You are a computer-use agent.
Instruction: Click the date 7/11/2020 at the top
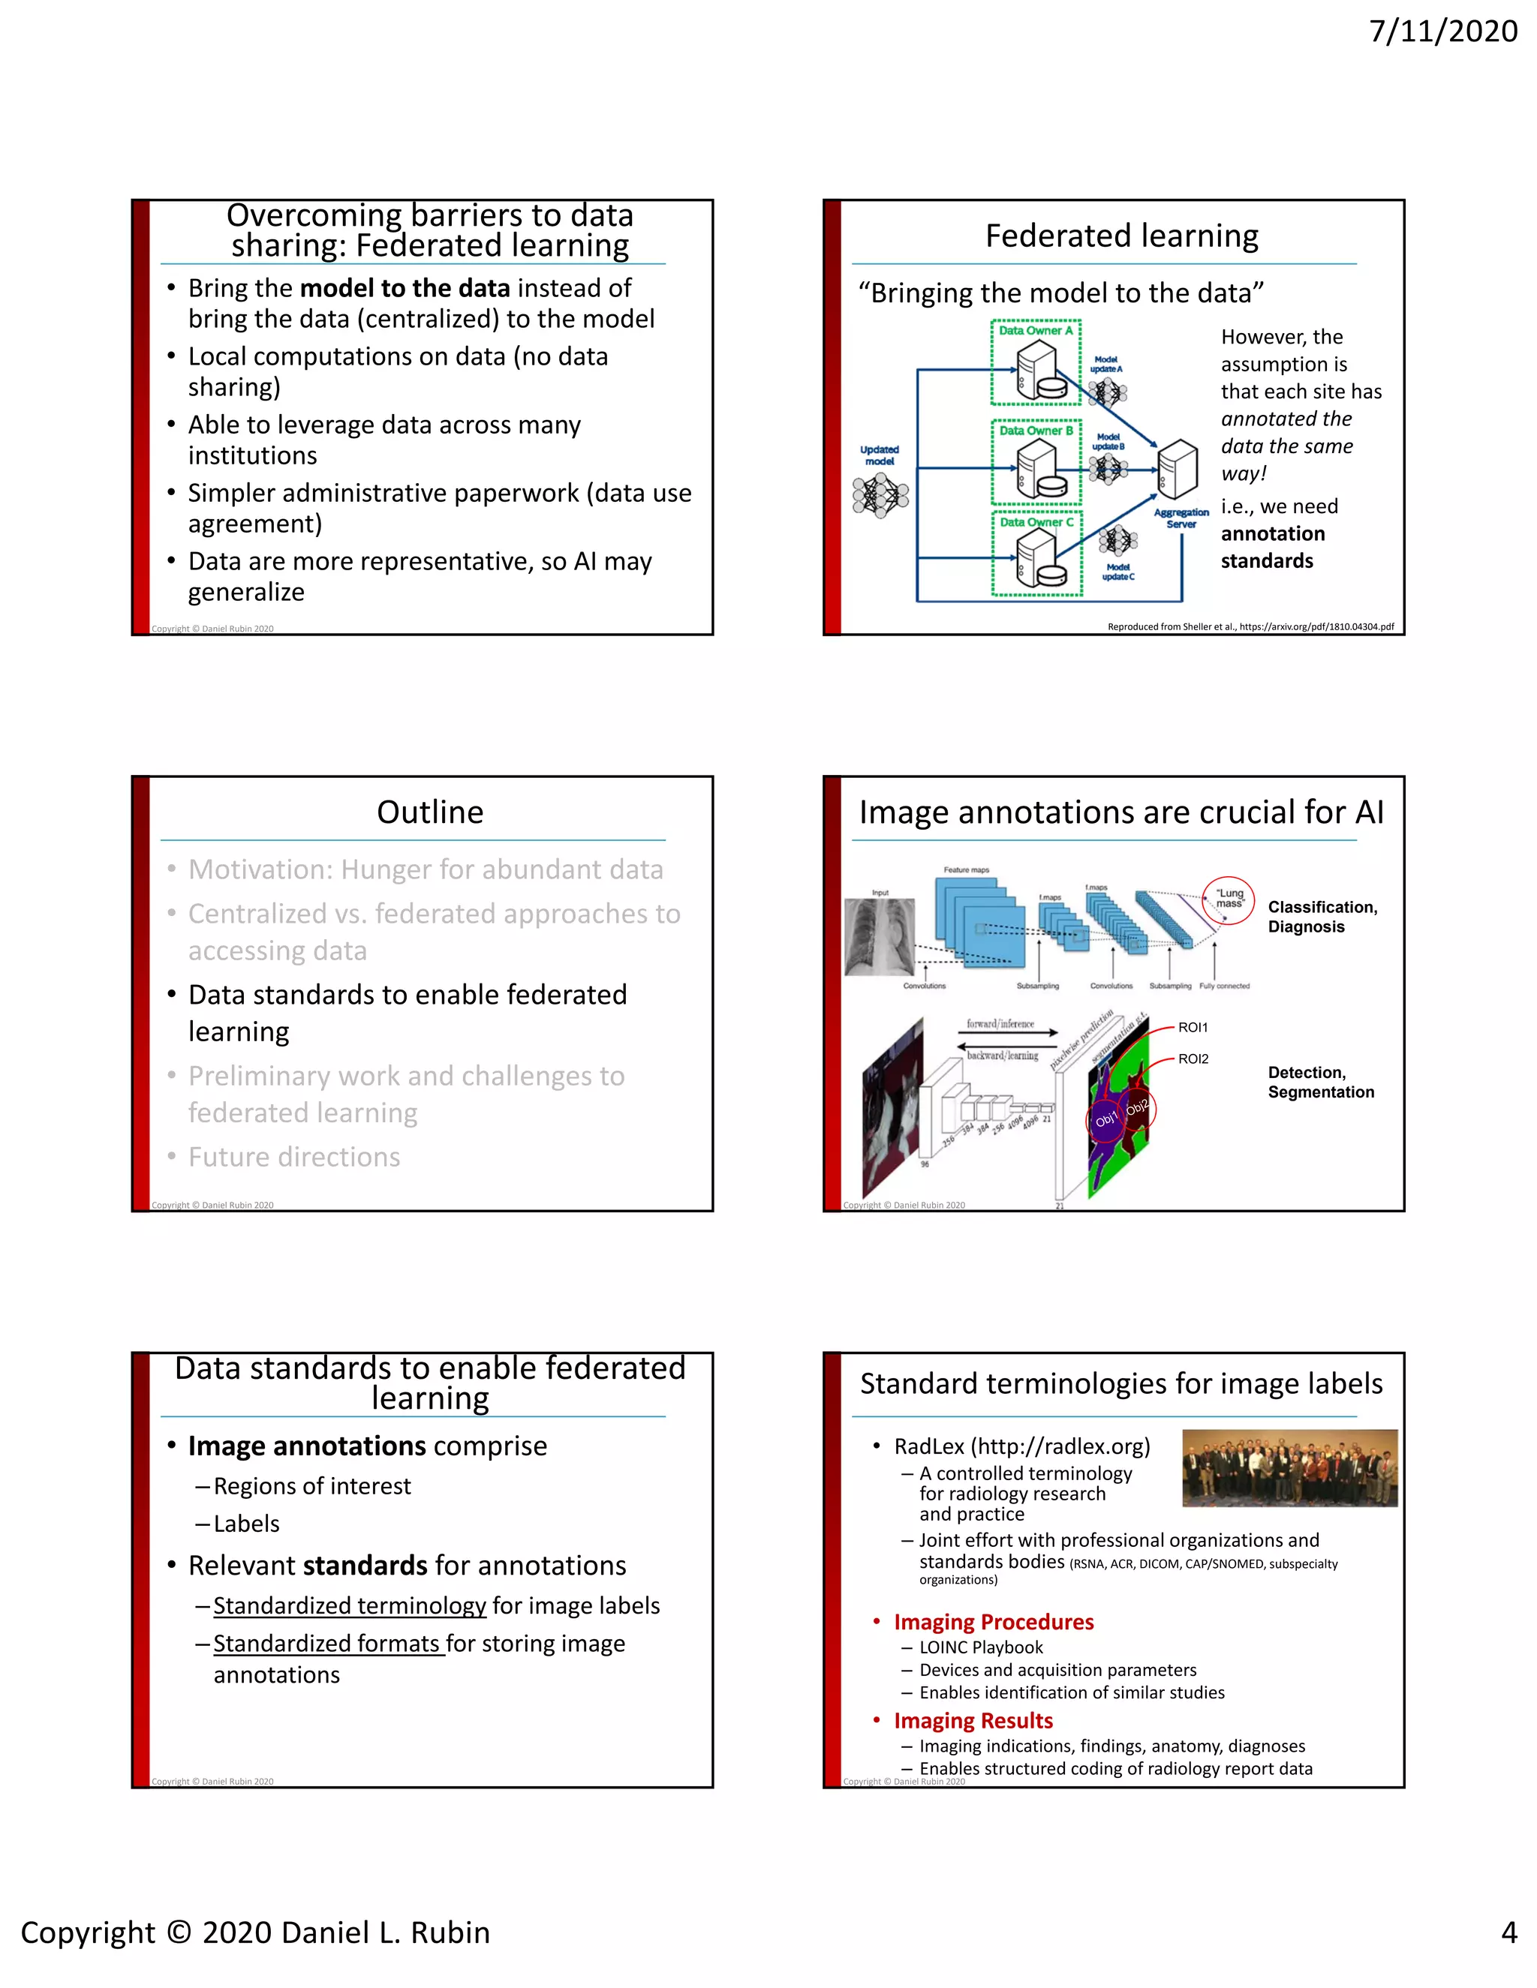(x=1443, y=32)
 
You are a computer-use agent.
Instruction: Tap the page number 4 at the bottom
(x=1508, y=1932)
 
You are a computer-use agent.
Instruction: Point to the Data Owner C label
(x=1036, y=521)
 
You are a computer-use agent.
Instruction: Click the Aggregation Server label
(x=1181, y=518)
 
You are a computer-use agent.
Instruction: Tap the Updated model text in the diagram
(x=879, y=455)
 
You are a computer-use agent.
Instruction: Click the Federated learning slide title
(x=1121, y=236)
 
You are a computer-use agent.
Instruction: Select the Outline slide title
(x=430, y=812)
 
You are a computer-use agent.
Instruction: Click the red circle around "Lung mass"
(x=1229, y=900)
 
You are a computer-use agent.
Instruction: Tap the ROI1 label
(x=1193, y=1028)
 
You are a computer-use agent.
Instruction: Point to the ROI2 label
(x=1193, y=1059)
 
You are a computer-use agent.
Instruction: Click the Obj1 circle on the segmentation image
(x=1105, y=1121)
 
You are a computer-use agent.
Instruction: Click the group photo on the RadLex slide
(x=1289, y=1468)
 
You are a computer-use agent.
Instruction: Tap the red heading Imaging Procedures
(x=994, y=1622)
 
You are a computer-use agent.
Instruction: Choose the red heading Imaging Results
(x=973, y=1720)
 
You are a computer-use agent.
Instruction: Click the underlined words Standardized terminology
(x=350, y=1605)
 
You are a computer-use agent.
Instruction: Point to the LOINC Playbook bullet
(x=981, y=1647)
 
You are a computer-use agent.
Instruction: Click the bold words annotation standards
(x=1272, y=547)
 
